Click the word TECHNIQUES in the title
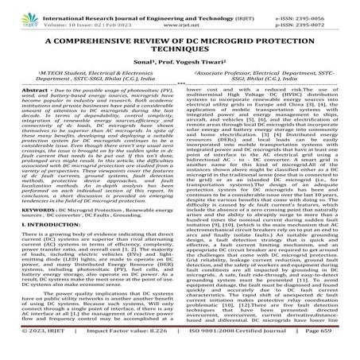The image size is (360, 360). [180, 52]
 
